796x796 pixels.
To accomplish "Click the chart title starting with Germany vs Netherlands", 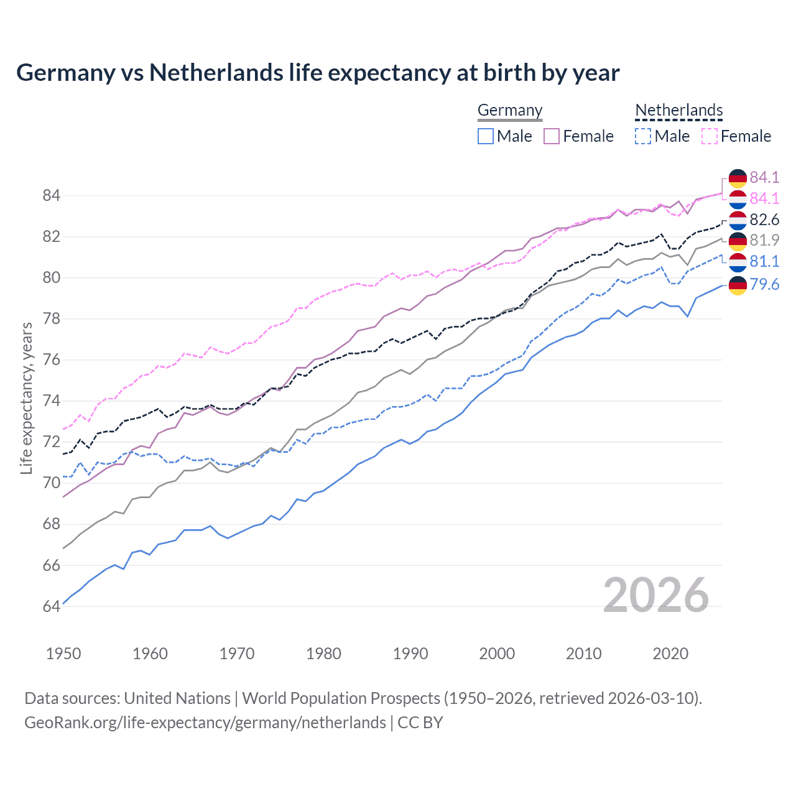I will point(318,73).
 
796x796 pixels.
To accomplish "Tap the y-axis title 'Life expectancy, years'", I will point(27,398).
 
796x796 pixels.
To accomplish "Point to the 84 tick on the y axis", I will point(51,195).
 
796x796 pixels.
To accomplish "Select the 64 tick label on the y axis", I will point(51,606).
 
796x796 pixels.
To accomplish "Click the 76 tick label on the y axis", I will point(51,359).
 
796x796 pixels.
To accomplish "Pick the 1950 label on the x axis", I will point(63,654).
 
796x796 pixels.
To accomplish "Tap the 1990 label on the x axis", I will point(410,654).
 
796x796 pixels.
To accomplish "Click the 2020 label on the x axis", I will point(670,654).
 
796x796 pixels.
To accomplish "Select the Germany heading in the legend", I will point(510,110).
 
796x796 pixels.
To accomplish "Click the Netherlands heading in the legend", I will point(679,110).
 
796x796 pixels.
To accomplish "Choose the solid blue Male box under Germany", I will point(486,136).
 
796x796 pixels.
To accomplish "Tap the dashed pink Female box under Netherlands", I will point(710,136).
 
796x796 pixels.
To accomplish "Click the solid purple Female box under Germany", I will point(552,136).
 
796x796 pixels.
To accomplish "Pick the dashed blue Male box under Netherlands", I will point(643,136).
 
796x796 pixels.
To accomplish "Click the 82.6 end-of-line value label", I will point(764,220).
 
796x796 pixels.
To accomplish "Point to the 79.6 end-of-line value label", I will point(764,284).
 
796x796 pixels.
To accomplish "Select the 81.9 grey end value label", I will point(764,240).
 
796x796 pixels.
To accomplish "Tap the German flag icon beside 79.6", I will point(738,285).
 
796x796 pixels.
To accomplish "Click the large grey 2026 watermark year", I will point(656,595).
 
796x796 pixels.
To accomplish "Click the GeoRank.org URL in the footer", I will point(205,723).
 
